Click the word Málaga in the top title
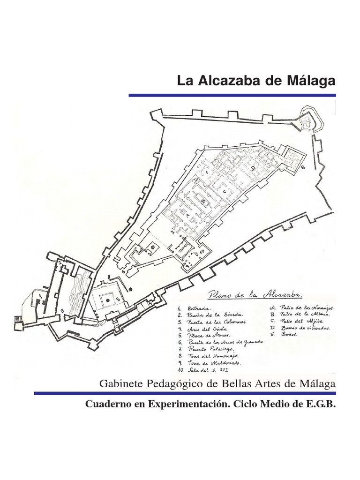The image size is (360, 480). coord(312,81)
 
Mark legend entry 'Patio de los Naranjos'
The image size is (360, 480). coord(303,307)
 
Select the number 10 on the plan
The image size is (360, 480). coord(201,252)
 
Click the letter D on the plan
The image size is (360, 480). coord(253,167)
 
